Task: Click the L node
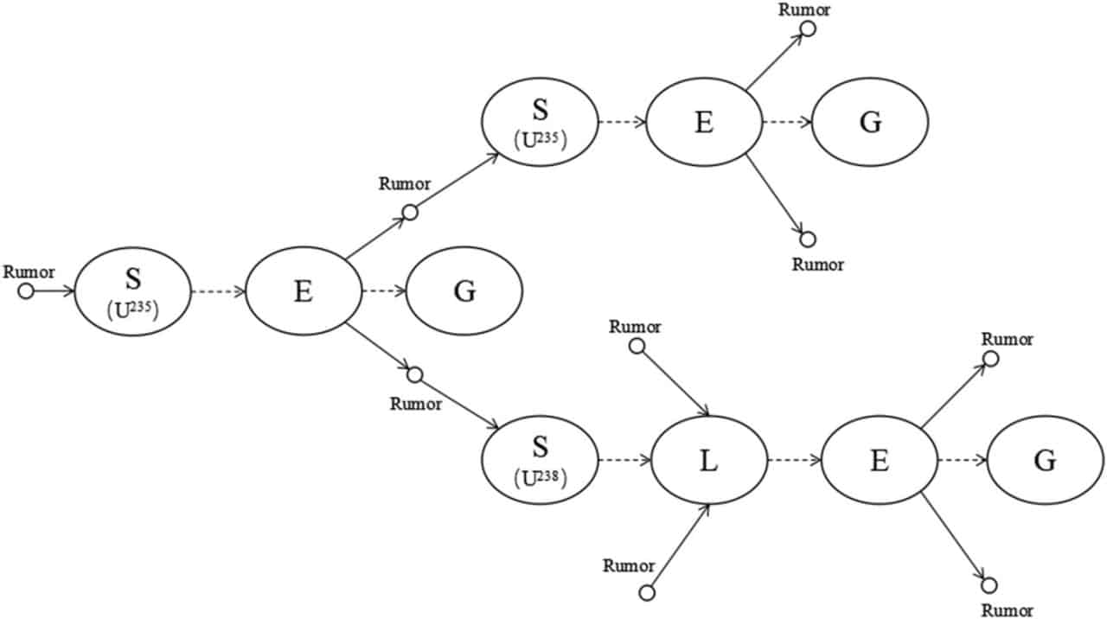coord(709,461)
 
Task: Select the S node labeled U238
coord(541,461)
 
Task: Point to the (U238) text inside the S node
coord(541,478)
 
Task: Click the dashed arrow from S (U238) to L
coord(624,461)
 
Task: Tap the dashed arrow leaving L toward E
coord(794,461)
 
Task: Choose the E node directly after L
coord(880,461)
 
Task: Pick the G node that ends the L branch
coord(1046,461)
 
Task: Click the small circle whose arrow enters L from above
coord(637,347)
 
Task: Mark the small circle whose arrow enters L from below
coord(648,592)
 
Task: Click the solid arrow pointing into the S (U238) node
coord(459,404)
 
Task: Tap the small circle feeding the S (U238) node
coord(414,375)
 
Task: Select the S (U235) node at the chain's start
coord(132,291)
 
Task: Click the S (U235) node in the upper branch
coord(541,122)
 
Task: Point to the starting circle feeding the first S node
coord(26,291)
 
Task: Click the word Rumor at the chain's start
coord(29,271)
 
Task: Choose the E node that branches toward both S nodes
coord(304,291)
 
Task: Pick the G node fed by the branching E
coord(464,291)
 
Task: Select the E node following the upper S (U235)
coord(704,122)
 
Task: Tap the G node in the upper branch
coord(870,122)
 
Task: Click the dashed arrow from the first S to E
coord(218,291)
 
